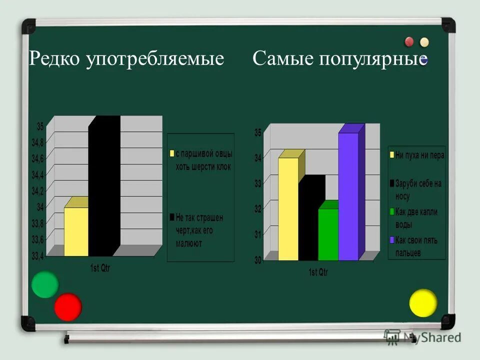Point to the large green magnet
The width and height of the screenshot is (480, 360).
[x=45, y=284]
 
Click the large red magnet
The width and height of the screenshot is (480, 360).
[x=68, y=306]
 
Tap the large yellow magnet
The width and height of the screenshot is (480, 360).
[x=423, y=303]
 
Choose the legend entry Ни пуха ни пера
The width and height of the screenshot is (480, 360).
[x=419, y=155]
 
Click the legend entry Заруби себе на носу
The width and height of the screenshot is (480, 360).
[x=418, y=190]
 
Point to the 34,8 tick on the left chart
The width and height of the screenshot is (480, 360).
[x=37, y=143]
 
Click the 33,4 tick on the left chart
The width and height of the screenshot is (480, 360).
[x=37, y=256]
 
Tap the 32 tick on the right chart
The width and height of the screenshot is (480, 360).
[x=258, y=209]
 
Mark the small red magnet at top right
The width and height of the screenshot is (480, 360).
[x=409, y=41]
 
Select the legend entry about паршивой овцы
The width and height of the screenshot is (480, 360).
[x=202, y=160]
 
